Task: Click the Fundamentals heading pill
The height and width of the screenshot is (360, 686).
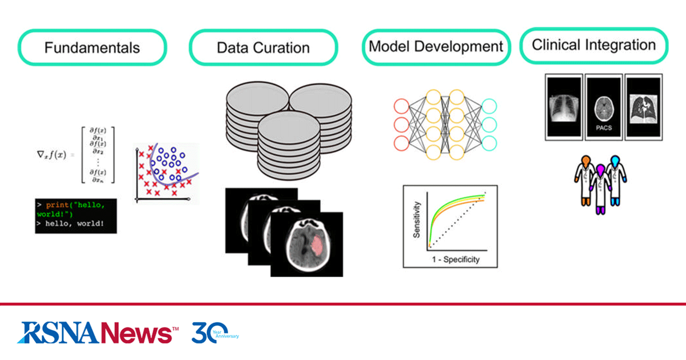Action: point(92,47)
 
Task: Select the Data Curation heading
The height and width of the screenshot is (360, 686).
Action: point(263,47)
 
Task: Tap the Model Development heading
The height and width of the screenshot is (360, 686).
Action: point(436,46)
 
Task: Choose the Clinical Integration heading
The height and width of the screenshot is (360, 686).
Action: point(593,45)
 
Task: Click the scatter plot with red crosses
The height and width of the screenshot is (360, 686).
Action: point(166,173)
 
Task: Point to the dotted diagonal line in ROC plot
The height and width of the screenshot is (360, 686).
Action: point(457,220)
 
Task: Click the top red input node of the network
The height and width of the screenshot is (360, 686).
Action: point(402,106)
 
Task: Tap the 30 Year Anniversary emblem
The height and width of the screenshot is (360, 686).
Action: point(214,332)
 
